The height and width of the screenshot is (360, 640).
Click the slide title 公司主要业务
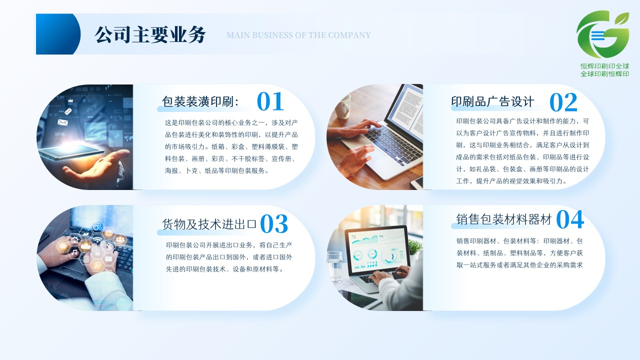[150, 35]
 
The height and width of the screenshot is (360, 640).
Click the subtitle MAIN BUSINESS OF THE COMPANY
[298, 35]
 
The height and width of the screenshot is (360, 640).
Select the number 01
[270, 101]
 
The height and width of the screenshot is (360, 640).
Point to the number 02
[563, 102]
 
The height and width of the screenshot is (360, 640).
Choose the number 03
[274, 224]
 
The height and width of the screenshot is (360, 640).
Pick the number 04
[570, 219]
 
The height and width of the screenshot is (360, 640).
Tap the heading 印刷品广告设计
[492, 101]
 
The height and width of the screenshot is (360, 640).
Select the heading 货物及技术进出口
[209, 224]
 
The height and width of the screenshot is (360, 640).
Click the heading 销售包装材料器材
[503, 219]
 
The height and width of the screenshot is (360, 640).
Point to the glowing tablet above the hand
[72, 151]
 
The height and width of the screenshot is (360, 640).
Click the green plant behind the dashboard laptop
[415, 247]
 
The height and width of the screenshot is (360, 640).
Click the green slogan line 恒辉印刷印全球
[604, 66]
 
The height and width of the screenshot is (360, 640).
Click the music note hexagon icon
[75, 252]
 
